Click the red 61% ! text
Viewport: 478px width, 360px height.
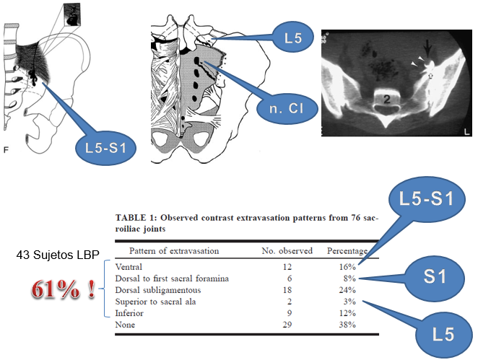point(63,289)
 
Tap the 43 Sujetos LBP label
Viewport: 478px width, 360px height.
point(58,255)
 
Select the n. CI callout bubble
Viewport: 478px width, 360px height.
point(287,108)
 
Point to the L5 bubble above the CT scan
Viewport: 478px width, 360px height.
point(293,38)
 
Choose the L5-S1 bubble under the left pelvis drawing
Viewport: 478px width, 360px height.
point(106,148)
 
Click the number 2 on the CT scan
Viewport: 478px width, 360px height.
point(386,99)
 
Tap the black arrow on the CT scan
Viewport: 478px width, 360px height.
point(428,49)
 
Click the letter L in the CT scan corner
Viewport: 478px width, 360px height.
point(466,131)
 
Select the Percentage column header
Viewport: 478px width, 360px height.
point(347,251)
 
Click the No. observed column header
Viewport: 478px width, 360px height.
point(287,250)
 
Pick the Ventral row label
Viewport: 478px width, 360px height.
point(129,267)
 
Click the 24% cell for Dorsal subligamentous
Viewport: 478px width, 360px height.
point(347,290)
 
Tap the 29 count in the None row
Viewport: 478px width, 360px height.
point(287,325)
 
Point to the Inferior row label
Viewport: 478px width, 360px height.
point(129,313)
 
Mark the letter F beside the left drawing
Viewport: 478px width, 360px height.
point(6,149)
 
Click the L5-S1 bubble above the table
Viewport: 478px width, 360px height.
point(427,198)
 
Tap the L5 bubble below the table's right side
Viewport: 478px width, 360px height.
point(443,334)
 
